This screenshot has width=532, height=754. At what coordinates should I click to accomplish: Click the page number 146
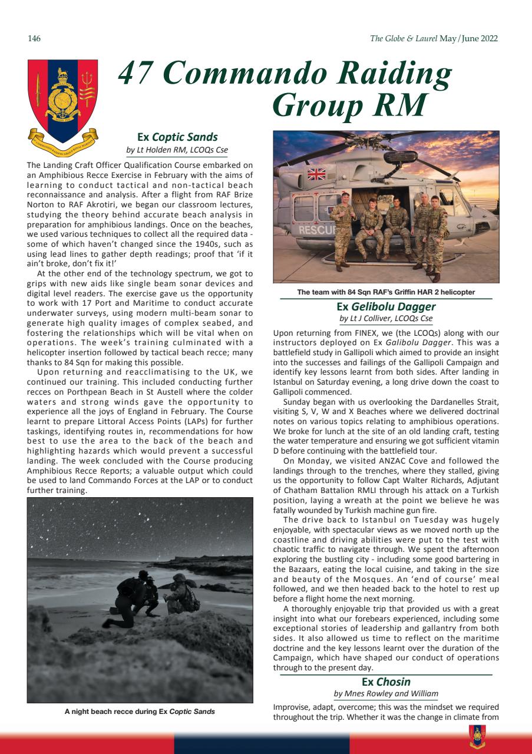click(x=34, y=39)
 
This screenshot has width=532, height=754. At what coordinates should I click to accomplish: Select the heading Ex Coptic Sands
click(x=177, y=137)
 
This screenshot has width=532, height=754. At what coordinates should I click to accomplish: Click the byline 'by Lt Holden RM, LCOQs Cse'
click(x=177, y=150)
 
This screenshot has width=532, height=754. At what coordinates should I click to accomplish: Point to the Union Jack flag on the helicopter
click(x=316, y=173)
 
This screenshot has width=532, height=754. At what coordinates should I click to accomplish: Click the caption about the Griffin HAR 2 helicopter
click(x=386, y=292)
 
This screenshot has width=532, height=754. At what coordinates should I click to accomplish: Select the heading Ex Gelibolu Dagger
click(x=386, y=306)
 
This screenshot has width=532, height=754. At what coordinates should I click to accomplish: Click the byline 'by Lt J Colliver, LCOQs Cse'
click(x=386, y=319)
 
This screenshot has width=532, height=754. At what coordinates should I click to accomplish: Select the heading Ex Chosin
click(x=386, y=682)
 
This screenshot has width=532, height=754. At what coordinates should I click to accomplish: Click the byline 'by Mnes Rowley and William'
click(x=386, y=695)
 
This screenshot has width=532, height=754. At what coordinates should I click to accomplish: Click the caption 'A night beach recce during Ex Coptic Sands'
click(x=140, y=712)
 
